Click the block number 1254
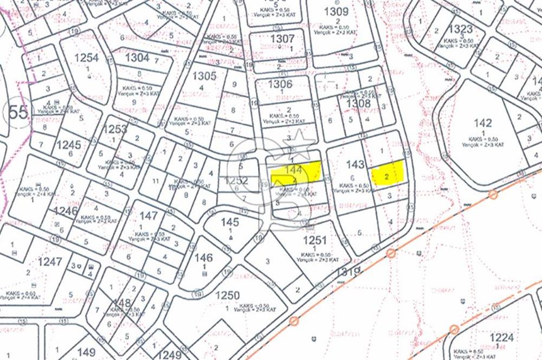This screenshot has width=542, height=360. [86, 57]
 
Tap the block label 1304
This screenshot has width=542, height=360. [137, 57]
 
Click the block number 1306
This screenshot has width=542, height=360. [280, 84]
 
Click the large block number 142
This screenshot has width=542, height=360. [482, 123]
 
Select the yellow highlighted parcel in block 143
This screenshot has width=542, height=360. [388, 173]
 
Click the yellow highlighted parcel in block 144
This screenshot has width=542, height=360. [296, 172]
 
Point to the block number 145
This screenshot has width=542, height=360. [230, 222]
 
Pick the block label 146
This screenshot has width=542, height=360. [204, 258]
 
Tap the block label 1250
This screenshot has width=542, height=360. [227, 295]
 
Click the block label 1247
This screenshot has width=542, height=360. [50, 261]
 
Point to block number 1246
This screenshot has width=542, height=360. [66, 211]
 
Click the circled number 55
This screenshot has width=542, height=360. [18, 113]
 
